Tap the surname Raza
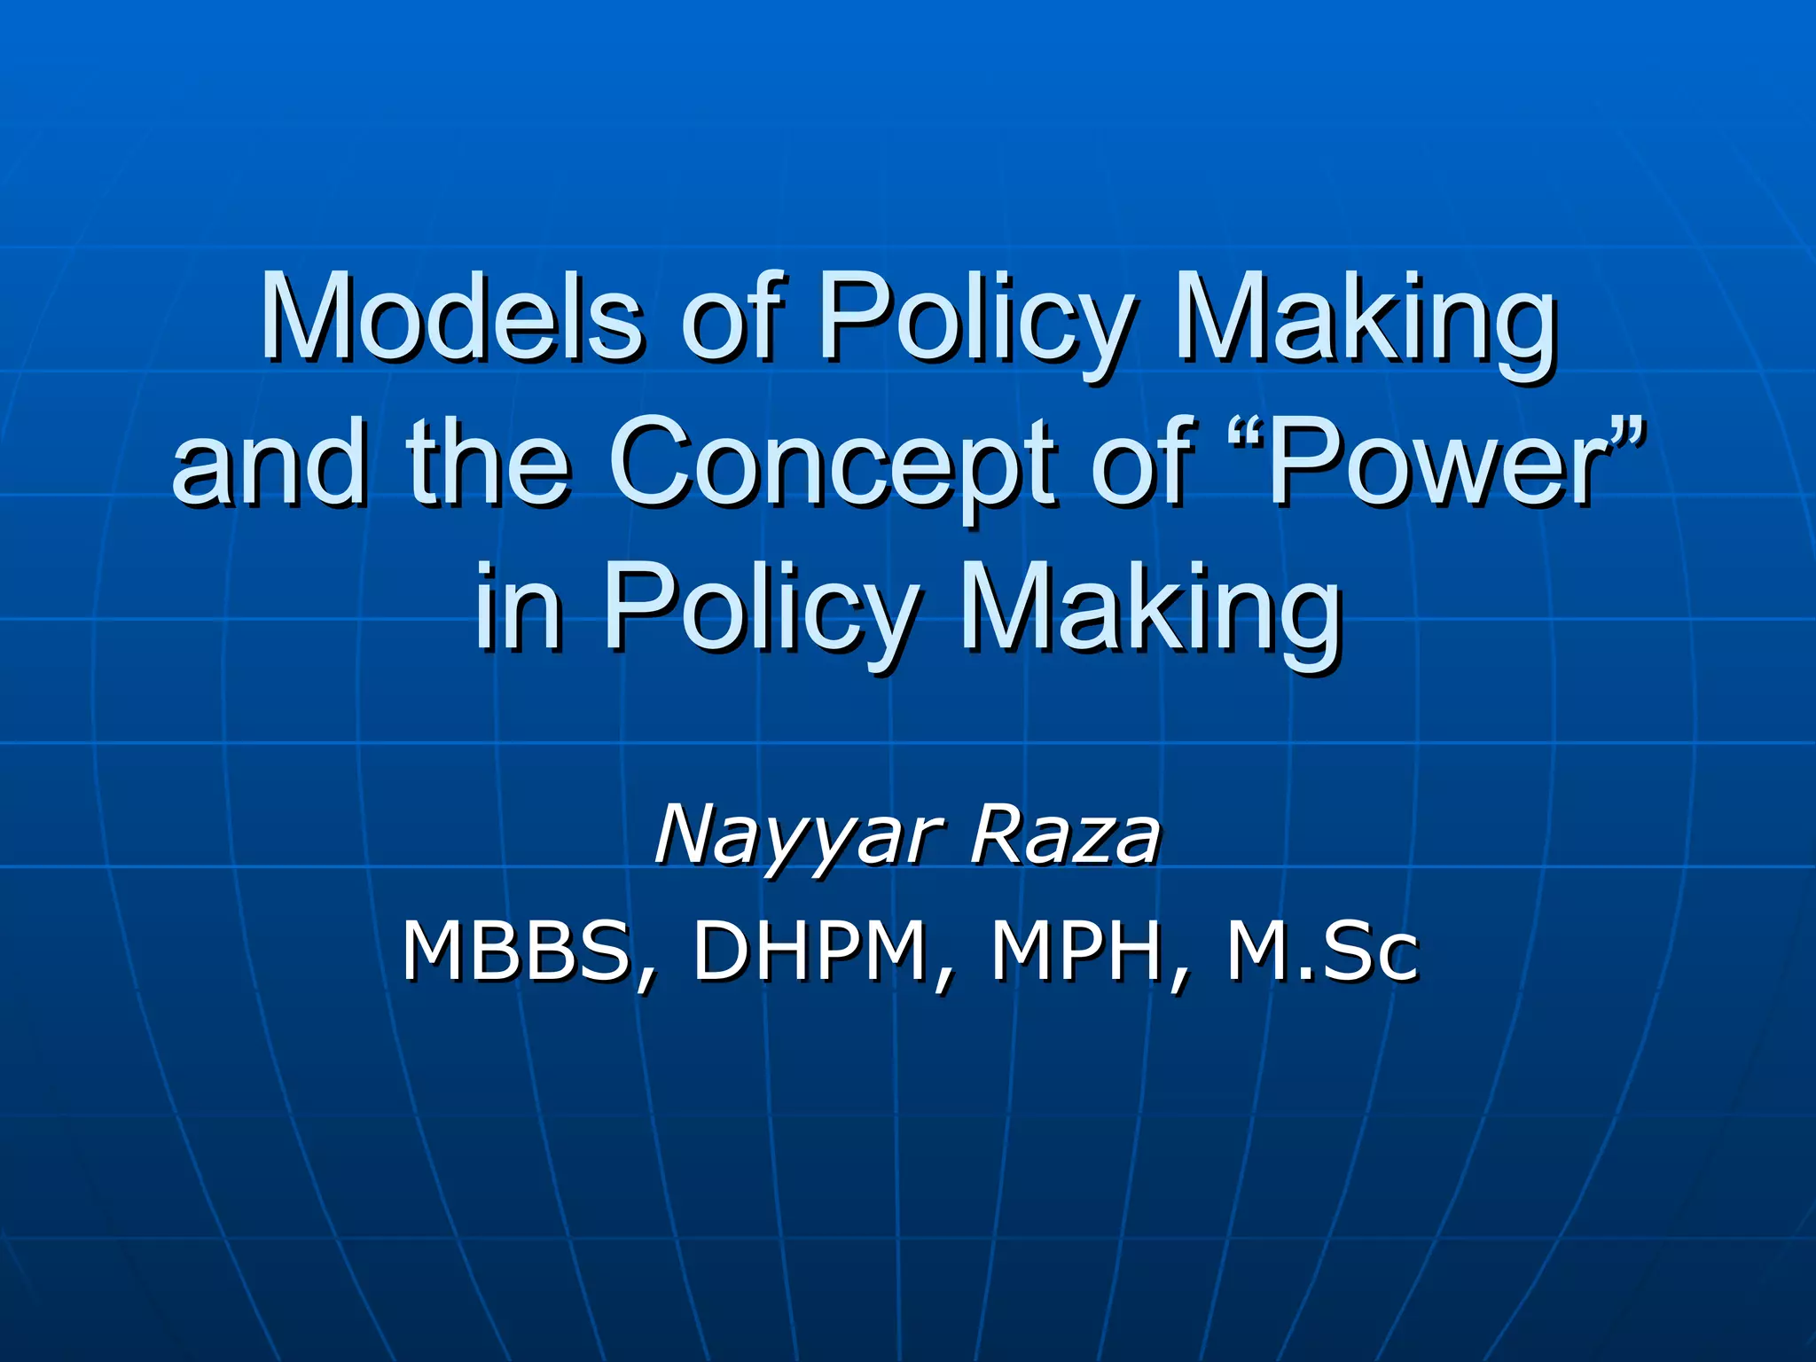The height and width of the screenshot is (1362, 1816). point(1065,834)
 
